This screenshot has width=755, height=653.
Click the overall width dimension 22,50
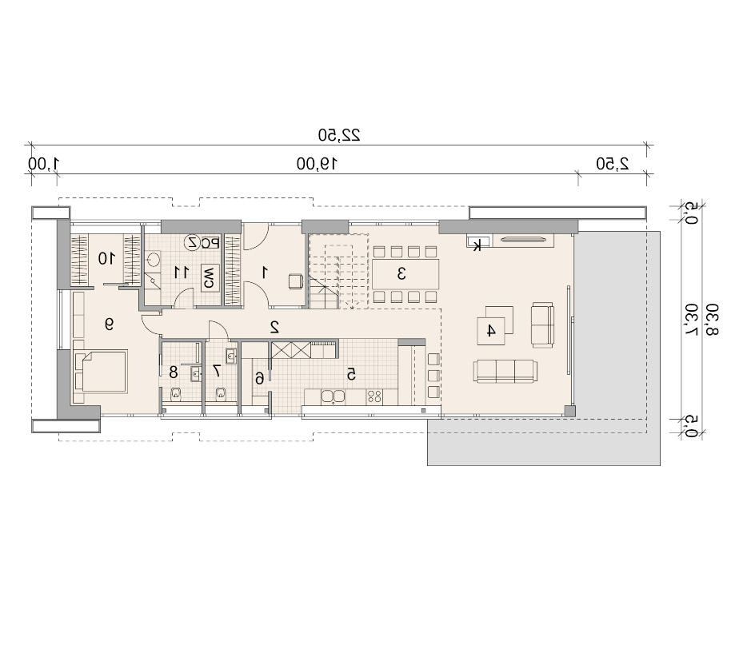tap(339, 135)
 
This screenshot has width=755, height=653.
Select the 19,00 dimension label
tap(317, 164)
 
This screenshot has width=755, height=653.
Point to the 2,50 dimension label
tap(613, 164)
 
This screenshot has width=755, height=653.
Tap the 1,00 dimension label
tap(43, 164)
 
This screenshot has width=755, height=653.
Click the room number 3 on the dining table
tap(401, 273)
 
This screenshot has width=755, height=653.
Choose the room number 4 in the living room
tap(490, 331)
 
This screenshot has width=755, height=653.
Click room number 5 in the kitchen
tap(351, 373)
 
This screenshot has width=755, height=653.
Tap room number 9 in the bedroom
tap(110, 325)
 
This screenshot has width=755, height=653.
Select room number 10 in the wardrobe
tap(107, 258)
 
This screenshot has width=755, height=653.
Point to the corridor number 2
tap(275, 327)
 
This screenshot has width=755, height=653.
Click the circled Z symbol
tap(193, 242)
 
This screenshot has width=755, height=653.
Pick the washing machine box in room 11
tap(210, 277)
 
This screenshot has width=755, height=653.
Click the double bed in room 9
tap(101, 372)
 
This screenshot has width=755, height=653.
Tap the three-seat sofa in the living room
tap(505, 371)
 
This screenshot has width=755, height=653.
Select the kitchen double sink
tap(334, 396)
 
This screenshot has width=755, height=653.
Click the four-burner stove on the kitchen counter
tap(374, 396)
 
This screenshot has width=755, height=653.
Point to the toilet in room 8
tap(175, 393)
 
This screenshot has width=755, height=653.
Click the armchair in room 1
tap(296, 281)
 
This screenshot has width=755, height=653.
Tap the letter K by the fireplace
tap(477, 246)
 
